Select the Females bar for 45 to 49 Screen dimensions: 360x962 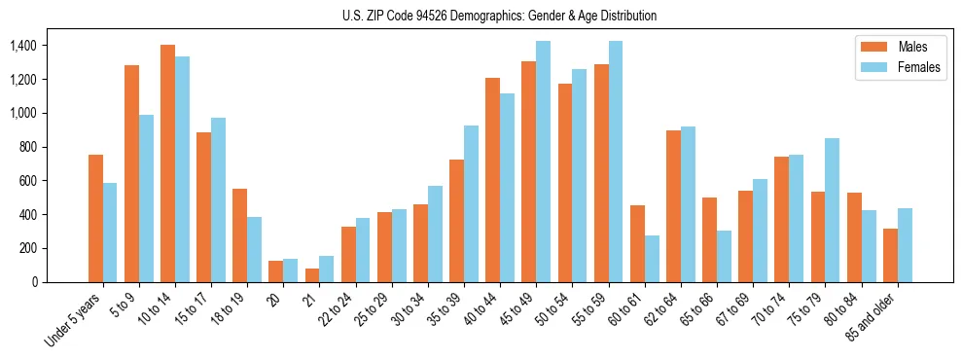click(x=543, y=162)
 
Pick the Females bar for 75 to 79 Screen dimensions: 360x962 click(x=832, y=210)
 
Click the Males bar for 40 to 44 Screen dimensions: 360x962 click(x=493, y=180)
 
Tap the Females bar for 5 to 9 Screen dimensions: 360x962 click(x=146, y=198)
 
